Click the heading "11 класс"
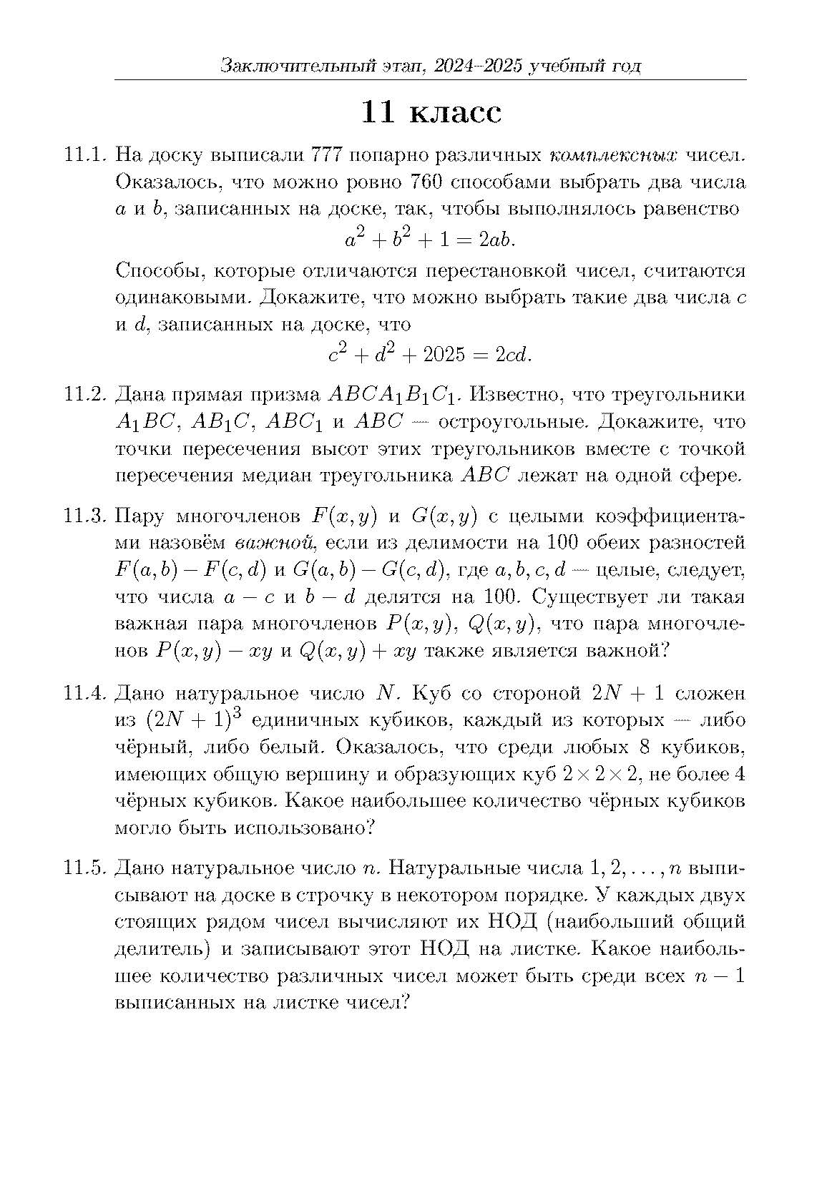point(431,112)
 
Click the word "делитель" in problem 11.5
point(162,949)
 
